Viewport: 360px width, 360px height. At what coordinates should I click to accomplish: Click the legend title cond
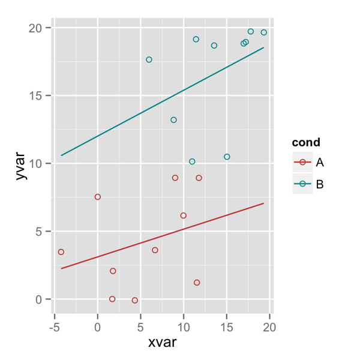(x=305, y=143)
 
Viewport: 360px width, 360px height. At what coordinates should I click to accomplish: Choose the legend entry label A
(x=320, y=162)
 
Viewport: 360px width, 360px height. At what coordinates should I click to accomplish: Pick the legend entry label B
(x=320, y=184)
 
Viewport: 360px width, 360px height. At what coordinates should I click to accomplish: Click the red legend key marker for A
(x=302, y=162)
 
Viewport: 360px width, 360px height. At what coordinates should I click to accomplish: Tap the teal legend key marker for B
(x=302, y=184)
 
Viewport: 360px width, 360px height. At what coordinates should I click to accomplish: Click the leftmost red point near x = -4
(x=61, y=252)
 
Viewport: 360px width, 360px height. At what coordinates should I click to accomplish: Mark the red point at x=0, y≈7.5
(x=98, y=197)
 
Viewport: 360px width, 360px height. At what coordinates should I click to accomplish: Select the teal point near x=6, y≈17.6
(x=149, y=59)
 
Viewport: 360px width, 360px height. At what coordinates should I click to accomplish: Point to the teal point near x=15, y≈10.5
(x=227, y=157)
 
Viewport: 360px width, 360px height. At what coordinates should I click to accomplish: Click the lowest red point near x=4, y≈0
(x=135, y=300)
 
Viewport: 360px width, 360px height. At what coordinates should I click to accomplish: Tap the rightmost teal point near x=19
(x=264, y=32)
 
